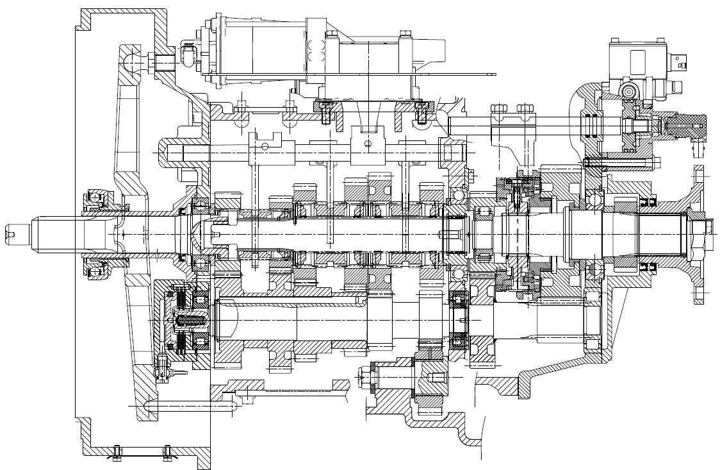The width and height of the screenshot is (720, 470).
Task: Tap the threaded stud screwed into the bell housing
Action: tap(165, 63)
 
